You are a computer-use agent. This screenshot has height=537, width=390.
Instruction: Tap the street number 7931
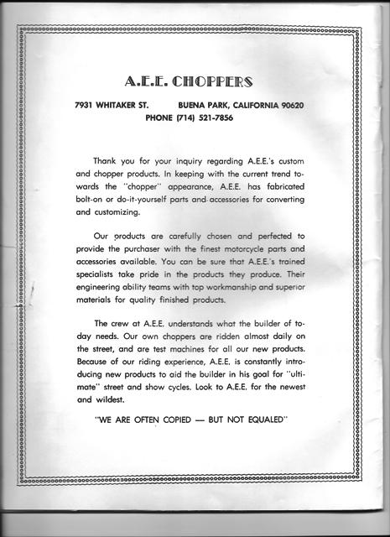pyautogui.click(x=88, y=106)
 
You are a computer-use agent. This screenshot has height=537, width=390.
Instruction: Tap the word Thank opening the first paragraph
pyautogui.click(x=107, y=159)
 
